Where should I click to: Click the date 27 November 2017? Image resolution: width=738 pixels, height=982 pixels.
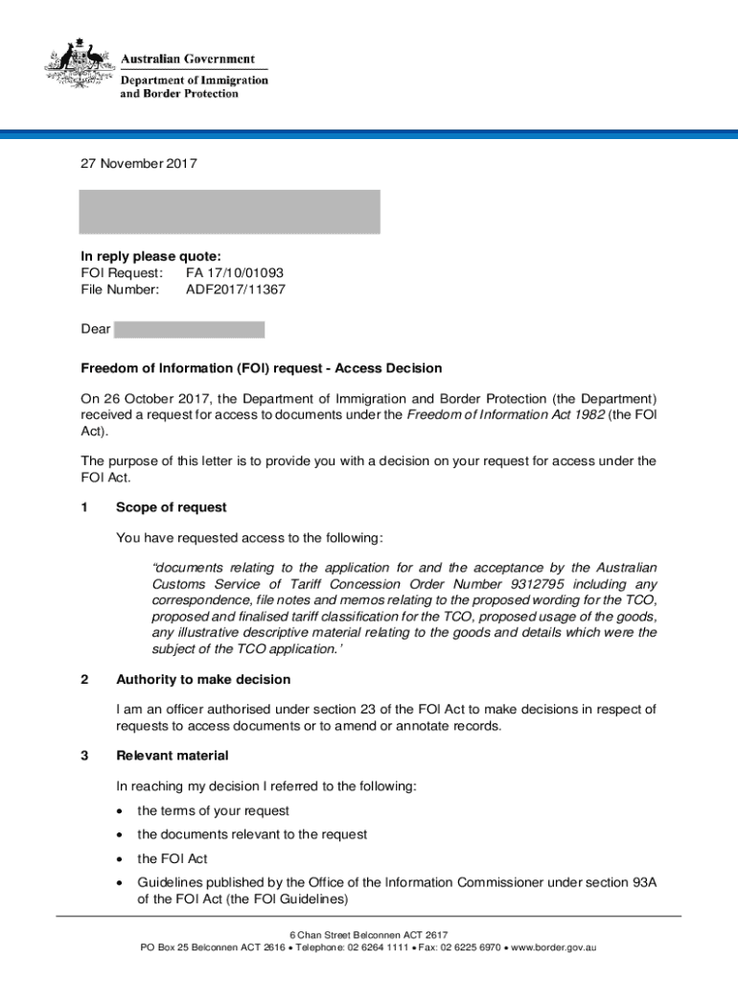[139, 164]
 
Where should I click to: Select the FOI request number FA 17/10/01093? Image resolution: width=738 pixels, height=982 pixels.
[235, 272]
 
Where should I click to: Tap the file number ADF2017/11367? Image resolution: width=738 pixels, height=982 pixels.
[236, 289]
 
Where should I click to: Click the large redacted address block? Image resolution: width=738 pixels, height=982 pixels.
[229, 211]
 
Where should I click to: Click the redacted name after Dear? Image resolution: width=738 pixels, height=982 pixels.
[189, 330]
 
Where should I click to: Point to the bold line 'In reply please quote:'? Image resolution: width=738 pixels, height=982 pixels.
[150, 256]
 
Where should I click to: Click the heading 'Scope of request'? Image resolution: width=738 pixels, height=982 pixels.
[172, 507]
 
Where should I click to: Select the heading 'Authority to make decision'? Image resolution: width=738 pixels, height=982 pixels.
[203, 680]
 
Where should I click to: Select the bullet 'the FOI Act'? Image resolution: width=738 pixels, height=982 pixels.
[173, 859]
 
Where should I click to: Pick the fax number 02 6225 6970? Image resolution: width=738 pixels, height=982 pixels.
[465, 947]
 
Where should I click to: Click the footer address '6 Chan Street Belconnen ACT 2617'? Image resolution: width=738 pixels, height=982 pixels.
[369, 935]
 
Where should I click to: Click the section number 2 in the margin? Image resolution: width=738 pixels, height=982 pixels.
[85, 680]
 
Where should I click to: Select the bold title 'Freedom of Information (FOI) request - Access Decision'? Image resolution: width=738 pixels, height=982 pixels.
[262, 368]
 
